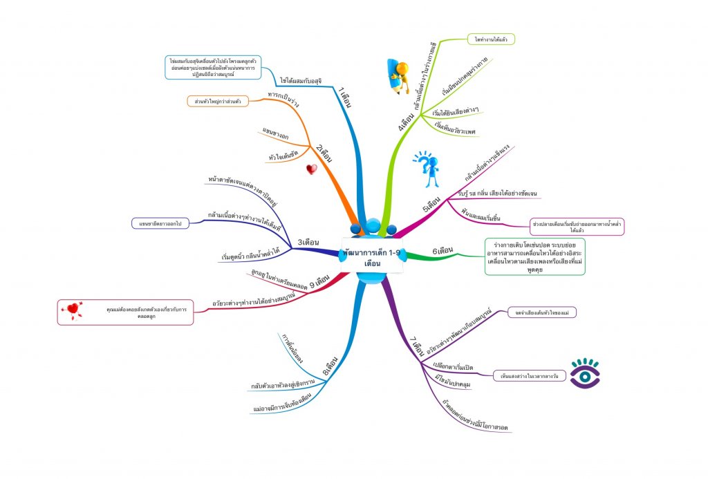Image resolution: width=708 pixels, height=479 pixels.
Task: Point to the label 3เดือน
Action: (308, 242)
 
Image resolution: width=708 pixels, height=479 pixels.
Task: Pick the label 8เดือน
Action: (330, 364)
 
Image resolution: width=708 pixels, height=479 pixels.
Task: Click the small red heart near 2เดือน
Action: (312, 169)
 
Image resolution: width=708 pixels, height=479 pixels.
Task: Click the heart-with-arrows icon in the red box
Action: (72, 311)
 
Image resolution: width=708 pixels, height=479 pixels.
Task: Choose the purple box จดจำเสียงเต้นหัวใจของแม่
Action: (542, 312)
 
